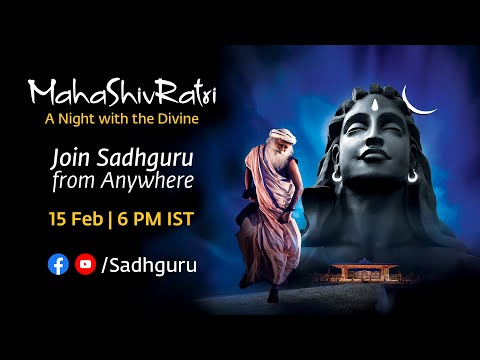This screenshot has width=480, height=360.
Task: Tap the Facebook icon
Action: (x=58, y=264)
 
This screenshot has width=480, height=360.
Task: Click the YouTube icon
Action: (x=84, y=264)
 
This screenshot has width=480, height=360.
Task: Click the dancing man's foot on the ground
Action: (x=271, y=296)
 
